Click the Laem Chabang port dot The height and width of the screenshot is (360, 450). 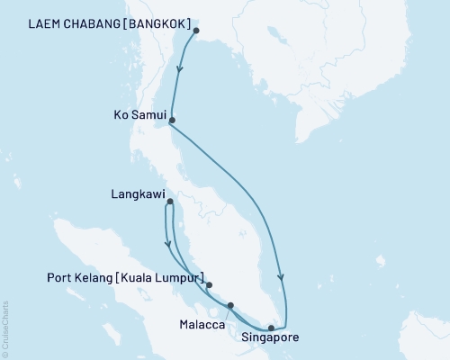point(196,31)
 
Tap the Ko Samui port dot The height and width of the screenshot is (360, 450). point(172,120)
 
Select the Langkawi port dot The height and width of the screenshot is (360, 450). point(169,202)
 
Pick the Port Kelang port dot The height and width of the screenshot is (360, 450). point(210,285)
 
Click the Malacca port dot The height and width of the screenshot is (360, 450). point(231,305)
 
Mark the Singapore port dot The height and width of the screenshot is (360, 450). point(271,328)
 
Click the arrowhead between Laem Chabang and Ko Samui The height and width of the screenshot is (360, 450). point(181,69)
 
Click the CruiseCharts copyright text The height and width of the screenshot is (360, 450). point(6,328)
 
